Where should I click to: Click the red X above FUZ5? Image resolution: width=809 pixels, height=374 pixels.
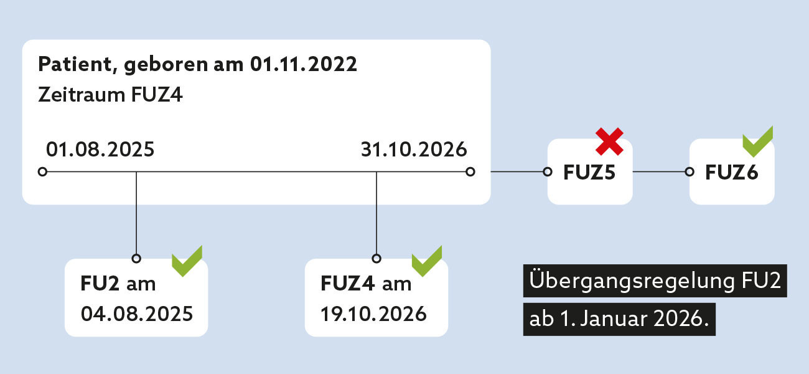tap(609, 141)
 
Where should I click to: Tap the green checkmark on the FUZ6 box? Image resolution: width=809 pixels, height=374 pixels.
tap(757, 142)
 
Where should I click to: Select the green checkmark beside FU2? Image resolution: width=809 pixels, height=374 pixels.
tap(187, 261)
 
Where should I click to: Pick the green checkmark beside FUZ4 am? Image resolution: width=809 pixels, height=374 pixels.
tap(427, 261)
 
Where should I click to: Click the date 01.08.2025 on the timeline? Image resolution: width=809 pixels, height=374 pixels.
tap(100, 150)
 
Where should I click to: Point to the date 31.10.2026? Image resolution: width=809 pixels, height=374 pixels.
tap(413, 150)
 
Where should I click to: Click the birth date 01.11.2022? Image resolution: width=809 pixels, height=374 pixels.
tap(304, 65)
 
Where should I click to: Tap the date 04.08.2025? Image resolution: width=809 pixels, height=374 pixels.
tap(137, 313)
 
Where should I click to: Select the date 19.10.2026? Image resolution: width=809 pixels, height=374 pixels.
tap(374, 313)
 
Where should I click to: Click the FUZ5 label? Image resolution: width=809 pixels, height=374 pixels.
tap(589, 173)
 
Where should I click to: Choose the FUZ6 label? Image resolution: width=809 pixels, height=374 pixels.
tap(731, 173)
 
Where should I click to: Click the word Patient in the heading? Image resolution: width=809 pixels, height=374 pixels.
tap(76, 65)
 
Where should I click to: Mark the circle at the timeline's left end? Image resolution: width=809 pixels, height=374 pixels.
tap(42, 171)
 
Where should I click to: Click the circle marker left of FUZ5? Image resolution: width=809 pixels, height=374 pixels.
tap(548, 171)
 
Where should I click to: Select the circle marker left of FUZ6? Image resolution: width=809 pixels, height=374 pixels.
tap(690, 171)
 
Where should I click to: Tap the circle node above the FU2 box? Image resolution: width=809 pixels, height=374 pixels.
tap(136, 258)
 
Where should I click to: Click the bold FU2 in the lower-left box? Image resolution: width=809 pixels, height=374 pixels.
tap(100, 284)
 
